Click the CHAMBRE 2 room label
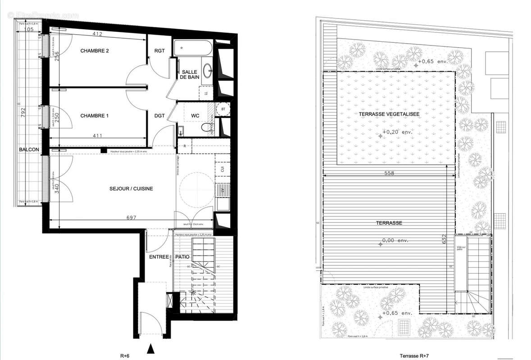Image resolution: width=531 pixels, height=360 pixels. click(x=95, y=51)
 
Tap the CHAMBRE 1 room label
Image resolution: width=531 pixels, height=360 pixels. click(x=95, y=116)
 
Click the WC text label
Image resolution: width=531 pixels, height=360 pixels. click(x=195, y=116)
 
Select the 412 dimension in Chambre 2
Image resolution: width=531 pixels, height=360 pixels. click(x=98, y=34)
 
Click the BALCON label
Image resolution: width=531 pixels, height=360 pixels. click(x=29, y=149)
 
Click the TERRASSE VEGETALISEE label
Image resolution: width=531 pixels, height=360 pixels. click(x=390, y=114)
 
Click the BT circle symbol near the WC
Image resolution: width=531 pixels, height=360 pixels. click(x=223, y=109)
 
